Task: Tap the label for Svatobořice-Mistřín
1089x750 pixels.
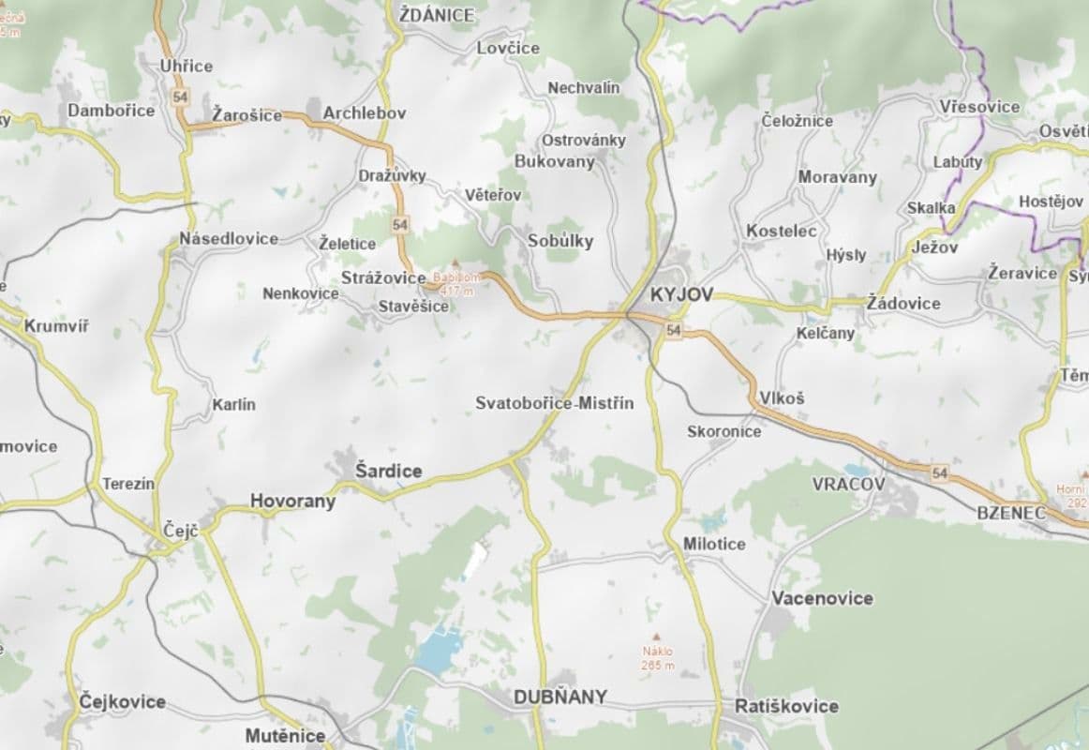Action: tap(554, 403)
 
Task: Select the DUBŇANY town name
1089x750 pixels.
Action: tap(559, 697)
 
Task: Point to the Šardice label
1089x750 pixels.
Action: tap(388, 471)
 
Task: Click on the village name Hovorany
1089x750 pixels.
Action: tap(292, 502)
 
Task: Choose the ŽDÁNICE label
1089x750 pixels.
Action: tap(436, 15)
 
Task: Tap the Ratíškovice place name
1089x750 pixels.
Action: tap(786, 706)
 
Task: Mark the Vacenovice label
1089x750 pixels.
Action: tap(822, 598)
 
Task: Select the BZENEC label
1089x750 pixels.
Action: tap(1010, 513)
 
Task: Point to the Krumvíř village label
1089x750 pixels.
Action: tap(56, 327)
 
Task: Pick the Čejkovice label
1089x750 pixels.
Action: tap(122, 701)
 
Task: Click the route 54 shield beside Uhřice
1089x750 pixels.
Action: tap(181, 97)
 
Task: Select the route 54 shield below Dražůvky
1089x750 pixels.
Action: tap(400, 224)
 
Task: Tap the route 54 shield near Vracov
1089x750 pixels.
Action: tap(940, 474)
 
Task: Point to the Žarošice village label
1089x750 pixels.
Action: tap(246, 115)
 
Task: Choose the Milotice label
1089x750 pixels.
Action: tap(714, 544)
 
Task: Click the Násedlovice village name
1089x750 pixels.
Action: tap(229, 238)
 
